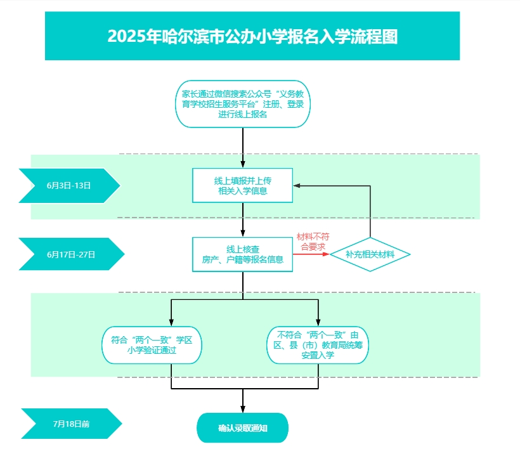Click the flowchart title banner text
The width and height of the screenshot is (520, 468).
coord(252,36)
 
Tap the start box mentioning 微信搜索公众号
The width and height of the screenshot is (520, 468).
coord(243,104)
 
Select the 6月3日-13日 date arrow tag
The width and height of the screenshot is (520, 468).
coord(69,185)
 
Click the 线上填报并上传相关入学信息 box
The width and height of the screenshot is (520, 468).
coord(242,185)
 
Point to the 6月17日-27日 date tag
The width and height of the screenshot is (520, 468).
coord(71,254)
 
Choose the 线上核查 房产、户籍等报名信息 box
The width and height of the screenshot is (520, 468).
coord(242,254)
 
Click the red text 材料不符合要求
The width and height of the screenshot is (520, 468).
coord(313,242)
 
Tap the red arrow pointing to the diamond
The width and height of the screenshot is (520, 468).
coord(311,254)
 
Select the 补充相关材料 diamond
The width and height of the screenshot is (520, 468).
coord(370,254)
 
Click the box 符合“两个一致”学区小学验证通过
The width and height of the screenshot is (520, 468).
coord(152,345)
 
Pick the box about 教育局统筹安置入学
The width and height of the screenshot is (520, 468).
coord(318,345)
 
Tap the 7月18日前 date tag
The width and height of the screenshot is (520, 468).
coord(71,424)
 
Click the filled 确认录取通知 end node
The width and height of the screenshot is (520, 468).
coord(242,428)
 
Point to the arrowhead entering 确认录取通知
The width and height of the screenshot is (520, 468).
coord(243,409)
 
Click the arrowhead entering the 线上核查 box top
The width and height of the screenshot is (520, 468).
coord(243,233)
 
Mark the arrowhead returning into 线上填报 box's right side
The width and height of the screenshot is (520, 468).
coord(297,186)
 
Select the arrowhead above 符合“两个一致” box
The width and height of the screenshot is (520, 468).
coord(171,322)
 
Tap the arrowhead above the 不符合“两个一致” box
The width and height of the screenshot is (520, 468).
coord(318,322)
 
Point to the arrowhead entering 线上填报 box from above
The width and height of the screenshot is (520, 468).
coord(243,164)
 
